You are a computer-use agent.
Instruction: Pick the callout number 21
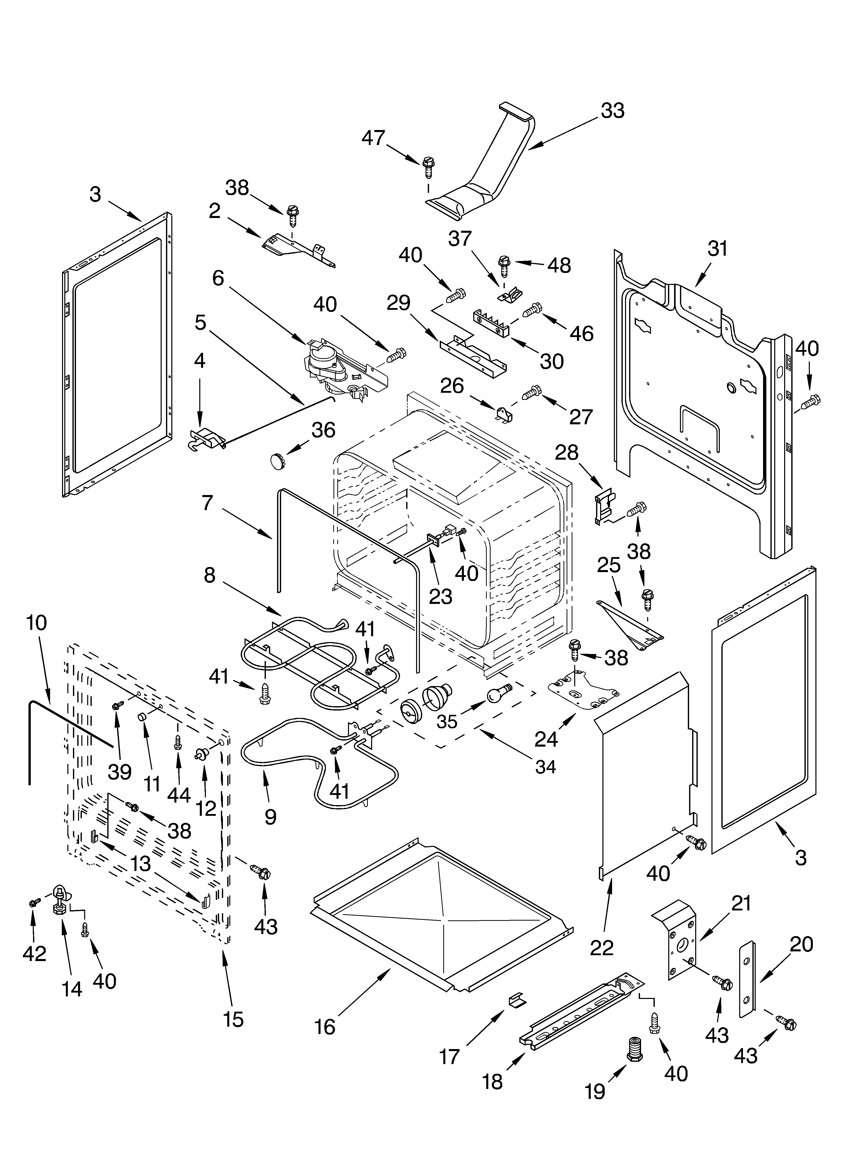(x=741, y=904)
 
